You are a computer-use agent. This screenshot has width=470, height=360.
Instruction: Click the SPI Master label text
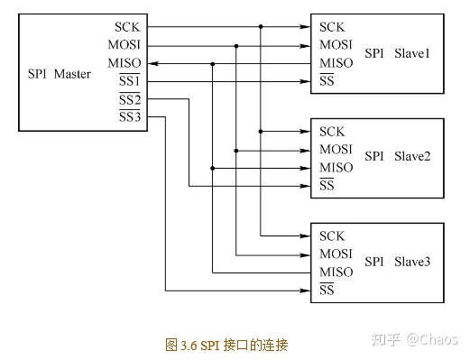[60, 74]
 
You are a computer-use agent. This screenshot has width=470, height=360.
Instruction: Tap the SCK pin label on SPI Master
[128, 27]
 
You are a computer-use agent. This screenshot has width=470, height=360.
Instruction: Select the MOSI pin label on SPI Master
[124, 45]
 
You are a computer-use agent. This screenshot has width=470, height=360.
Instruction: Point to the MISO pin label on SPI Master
[124, 63]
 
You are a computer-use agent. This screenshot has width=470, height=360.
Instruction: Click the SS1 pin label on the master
[130, 82]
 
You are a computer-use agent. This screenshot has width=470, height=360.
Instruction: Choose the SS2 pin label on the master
[130, 99]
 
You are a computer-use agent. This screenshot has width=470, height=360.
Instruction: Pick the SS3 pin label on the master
[130, 117]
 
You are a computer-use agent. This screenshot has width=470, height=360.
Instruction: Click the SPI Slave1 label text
[398, 53]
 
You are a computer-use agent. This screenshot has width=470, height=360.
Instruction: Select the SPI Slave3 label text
[398, 262]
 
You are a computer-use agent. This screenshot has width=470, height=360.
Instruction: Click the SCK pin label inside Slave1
[331, 27]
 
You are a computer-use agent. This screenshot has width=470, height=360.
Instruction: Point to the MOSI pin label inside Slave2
[336, 150]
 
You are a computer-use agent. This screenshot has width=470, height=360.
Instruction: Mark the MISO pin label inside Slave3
[336, 272]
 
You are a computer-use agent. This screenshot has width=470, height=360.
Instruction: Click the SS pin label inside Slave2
[327, 186]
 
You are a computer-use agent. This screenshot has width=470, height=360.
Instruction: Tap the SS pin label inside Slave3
[327, 290]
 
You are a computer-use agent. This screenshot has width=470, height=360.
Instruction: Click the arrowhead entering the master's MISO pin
[152, 64]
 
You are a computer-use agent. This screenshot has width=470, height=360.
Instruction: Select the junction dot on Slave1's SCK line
[261, 27]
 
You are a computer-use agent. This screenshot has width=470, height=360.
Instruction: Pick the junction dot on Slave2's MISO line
[213, 168]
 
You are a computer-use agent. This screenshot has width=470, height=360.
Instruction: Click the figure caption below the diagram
[227, 344]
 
